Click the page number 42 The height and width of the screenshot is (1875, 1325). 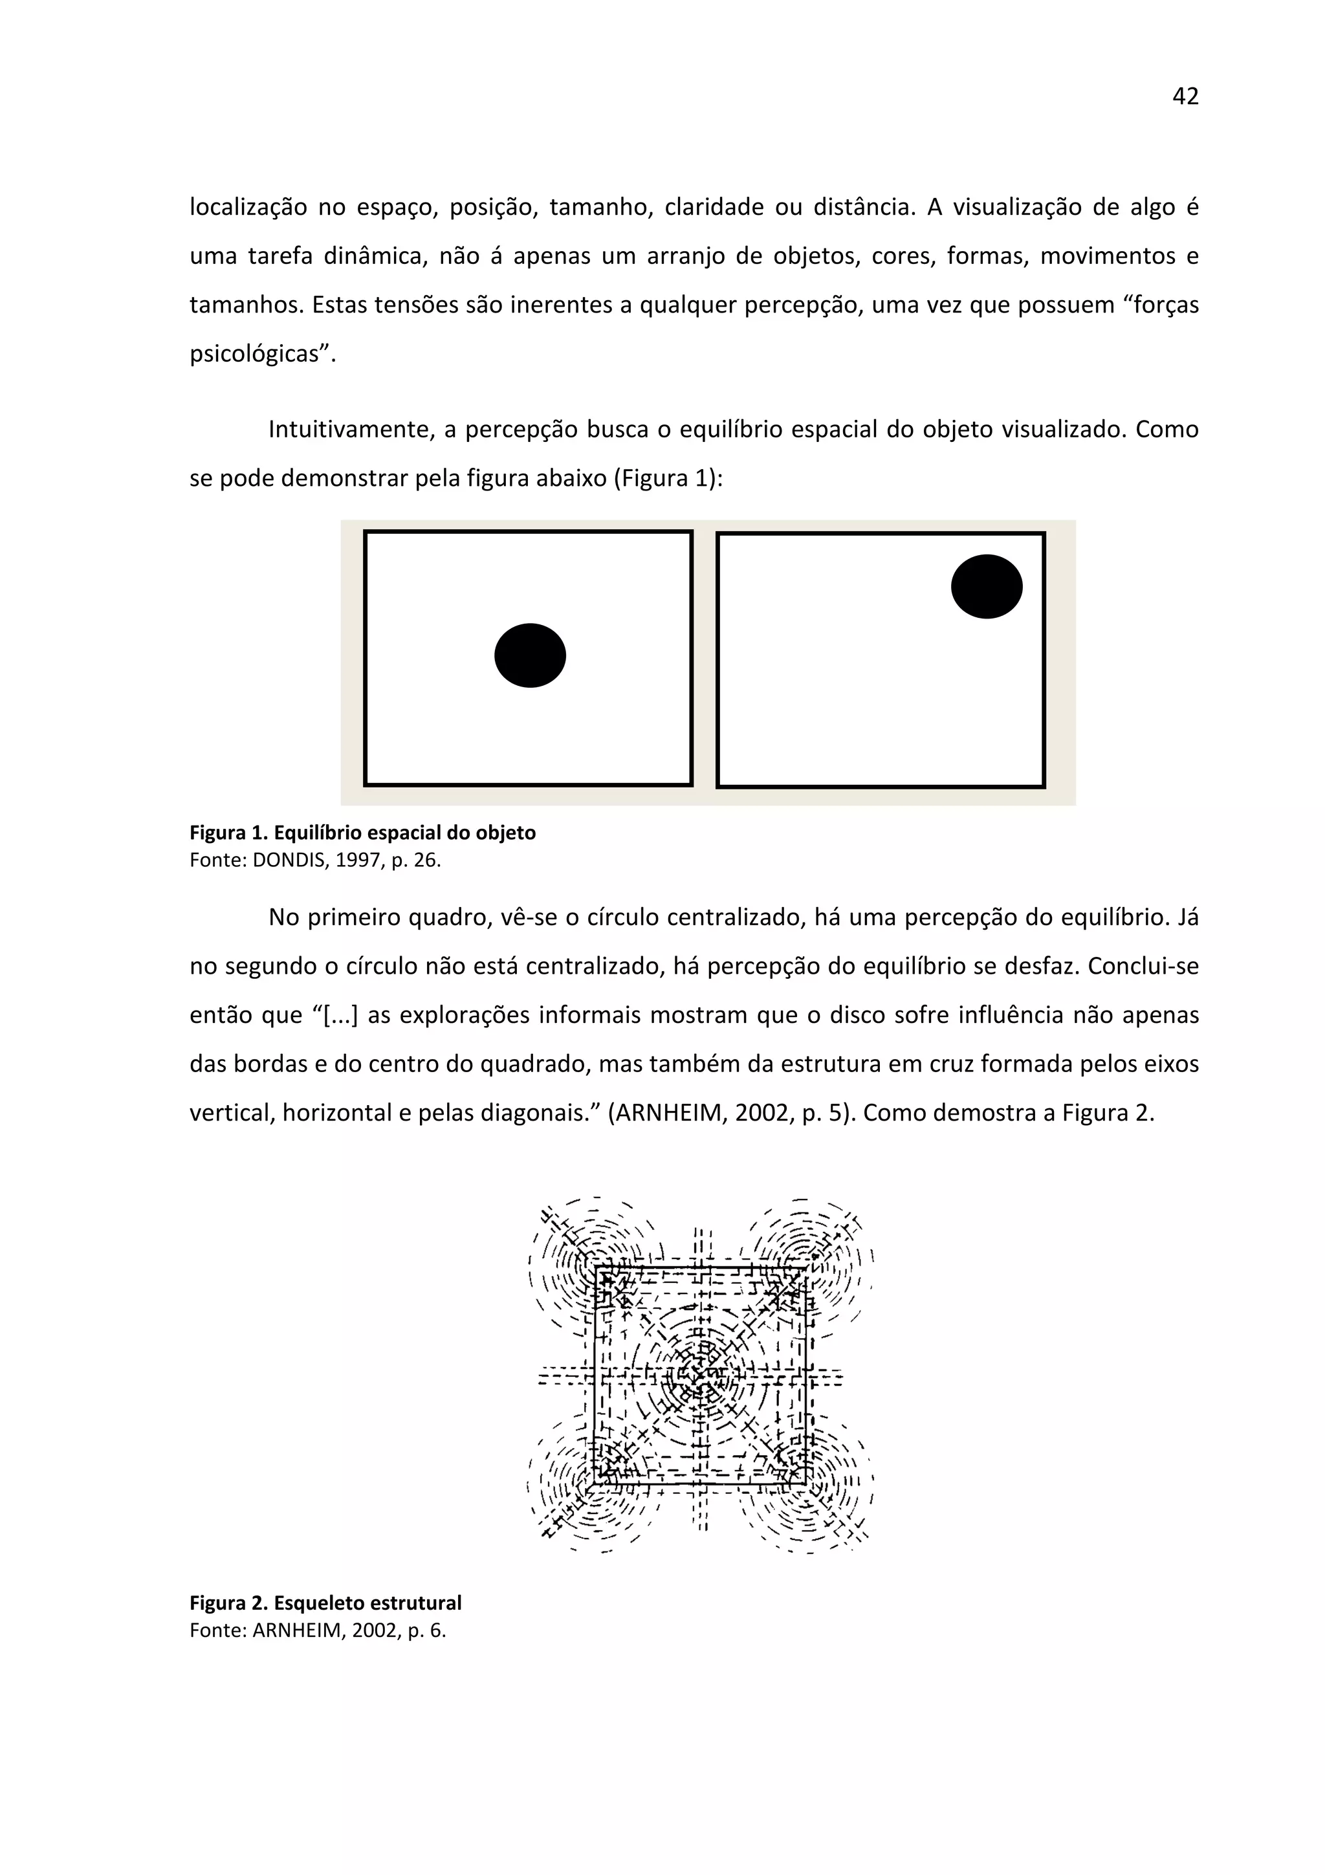(x=1185, y=96)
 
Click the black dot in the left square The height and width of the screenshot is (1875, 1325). (x=530, y=655)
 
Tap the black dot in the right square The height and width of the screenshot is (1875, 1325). (x=986, y=586)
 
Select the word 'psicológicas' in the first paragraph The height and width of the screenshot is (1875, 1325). (x=257, y=355)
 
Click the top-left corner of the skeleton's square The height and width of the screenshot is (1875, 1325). (x=597, y=1269)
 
